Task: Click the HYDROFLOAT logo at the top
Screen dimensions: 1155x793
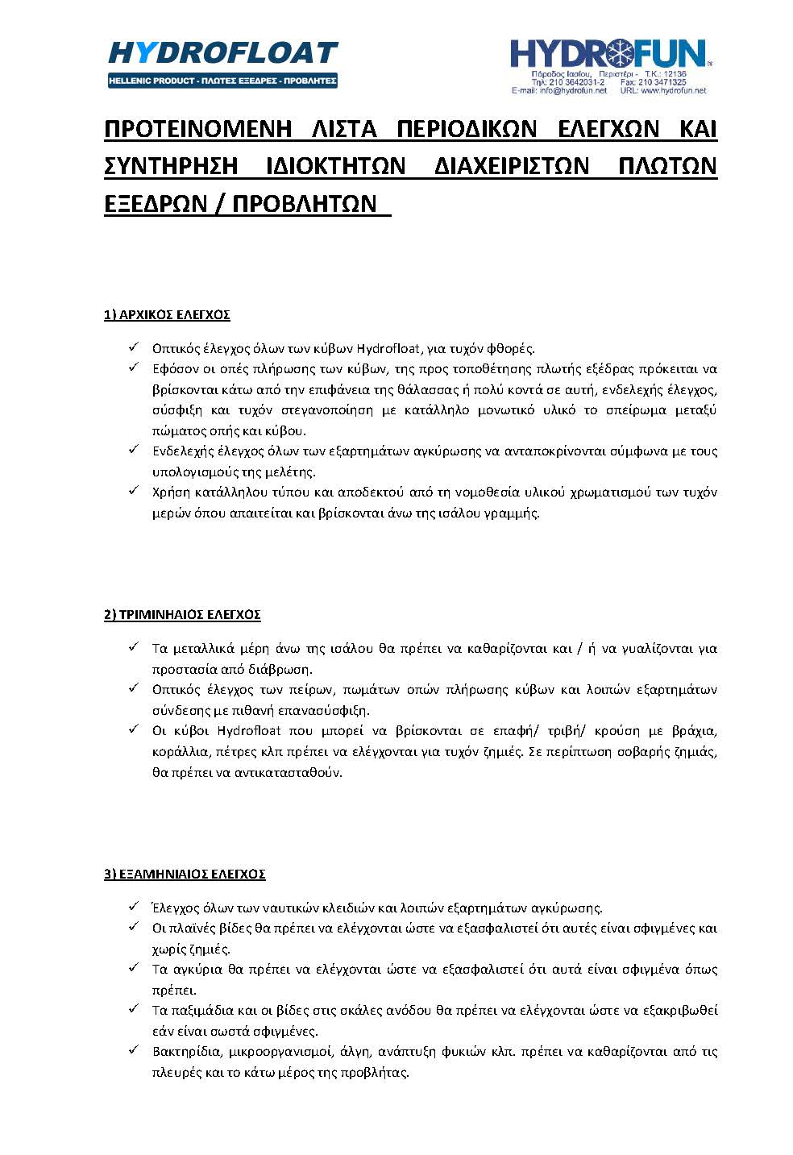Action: (222, 53)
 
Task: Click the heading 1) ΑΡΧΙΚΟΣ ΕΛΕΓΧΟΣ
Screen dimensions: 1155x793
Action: (167, 314)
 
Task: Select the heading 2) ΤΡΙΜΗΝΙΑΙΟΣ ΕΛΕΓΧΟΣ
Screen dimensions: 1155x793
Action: (182, 614)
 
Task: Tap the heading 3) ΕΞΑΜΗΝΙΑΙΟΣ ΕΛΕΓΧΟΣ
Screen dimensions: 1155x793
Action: (185, 874)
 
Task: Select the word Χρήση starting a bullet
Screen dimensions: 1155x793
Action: (171, 492)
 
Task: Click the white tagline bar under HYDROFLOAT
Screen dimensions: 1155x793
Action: (222, 81)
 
